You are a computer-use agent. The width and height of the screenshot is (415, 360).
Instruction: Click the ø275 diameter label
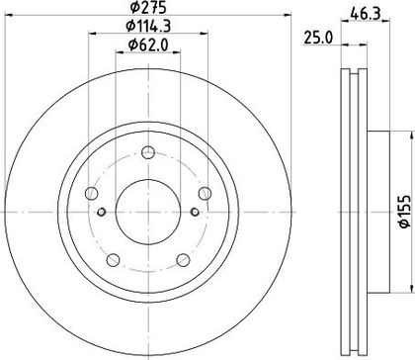(148, 7)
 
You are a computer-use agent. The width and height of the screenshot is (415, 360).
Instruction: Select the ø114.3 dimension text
(148, 26)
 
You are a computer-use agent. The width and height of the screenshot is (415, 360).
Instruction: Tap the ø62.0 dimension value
(148, 45)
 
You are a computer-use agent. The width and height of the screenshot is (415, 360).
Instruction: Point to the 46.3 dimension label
(366, 14)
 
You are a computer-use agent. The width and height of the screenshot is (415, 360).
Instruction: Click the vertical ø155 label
(405, 212)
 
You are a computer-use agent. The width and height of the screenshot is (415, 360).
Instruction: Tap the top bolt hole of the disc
(148, 152)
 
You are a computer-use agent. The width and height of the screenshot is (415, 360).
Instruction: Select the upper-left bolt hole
(91, 193)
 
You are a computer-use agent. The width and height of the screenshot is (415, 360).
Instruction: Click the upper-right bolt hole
(205, 193)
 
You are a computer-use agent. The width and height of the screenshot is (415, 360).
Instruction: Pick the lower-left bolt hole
(113, 260)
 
